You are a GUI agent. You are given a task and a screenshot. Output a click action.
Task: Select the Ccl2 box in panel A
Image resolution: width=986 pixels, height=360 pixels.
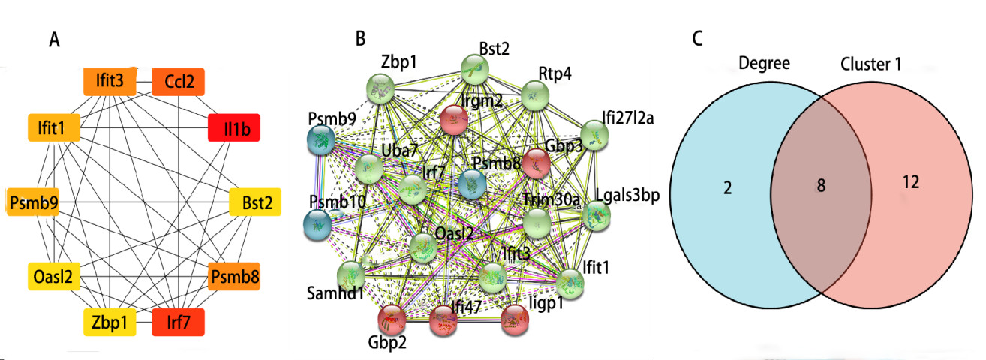[179, 82]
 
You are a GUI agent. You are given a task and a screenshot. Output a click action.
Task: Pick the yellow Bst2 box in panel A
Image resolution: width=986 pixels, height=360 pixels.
[256, 202]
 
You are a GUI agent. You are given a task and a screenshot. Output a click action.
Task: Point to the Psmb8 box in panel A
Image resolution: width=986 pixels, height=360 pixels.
[235, 277]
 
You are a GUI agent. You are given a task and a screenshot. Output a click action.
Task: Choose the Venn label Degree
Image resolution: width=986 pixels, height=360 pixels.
[764, 64]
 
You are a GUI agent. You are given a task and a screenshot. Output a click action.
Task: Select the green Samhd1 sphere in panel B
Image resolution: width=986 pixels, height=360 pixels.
[351, 274]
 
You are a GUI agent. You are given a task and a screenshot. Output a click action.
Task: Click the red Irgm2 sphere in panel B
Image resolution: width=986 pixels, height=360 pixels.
[455, 118]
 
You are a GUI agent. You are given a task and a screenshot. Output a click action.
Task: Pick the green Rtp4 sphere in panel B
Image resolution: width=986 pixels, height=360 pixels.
[536, 95]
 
